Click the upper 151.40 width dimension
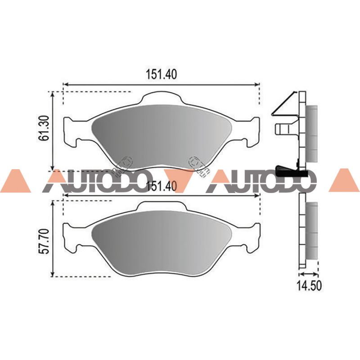(162, 74)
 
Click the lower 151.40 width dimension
(162, 186)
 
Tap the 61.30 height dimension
(44, 128)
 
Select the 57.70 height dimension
(44, 241)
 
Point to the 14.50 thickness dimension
(309, 286)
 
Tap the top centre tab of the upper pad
(162, 98)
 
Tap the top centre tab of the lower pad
(162, 206)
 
